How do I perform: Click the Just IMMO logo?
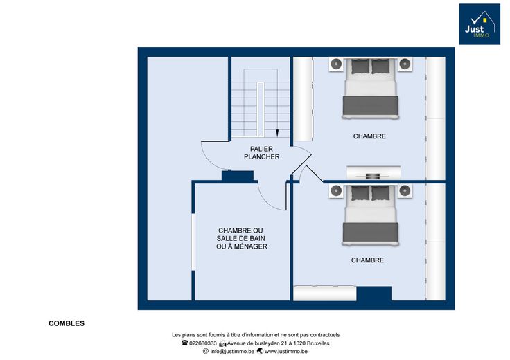(480, 24)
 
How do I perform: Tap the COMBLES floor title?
(67, 323)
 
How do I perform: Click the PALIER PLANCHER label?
(261, 153)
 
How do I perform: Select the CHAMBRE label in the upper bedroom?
(369, 136)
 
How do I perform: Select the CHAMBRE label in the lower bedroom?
(367, 260)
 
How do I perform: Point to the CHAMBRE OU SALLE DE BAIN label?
(241, 238)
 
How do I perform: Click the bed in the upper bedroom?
(371, 89)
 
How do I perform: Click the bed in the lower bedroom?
(371, 215)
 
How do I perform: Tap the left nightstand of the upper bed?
(336, 64)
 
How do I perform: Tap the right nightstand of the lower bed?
(405, 191)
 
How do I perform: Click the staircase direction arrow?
(277, 133)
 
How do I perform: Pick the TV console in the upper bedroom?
(373, 173)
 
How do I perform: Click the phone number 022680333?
(202, 343)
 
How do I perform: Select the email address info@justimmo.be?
(232, 351)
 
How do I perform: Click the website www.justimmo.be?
(286, 351)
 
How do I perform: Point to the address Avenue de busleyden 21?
(256, 343)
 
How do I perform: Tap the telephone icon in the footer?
(185, 343)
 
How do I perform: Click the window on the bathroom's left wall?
(193, 242)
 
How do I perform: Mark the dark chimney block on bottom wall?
(374, 294)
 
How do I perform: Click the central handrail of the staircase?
(261, 109)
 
